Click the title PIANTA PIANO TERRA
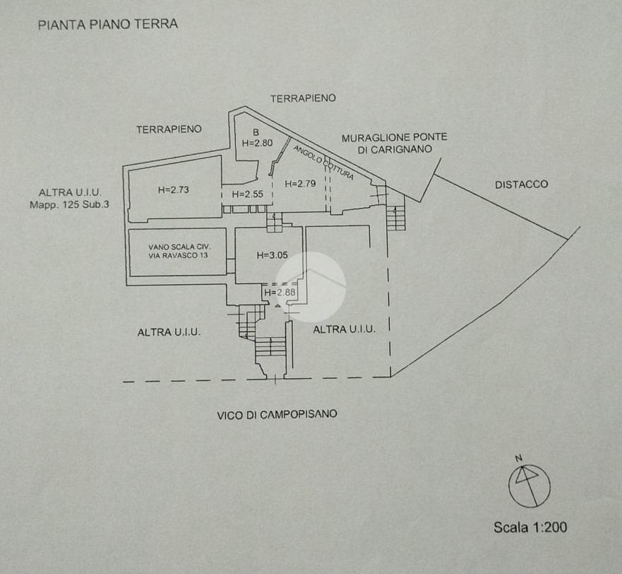tap(107, 24)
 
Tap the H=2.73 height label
tap(173, 189)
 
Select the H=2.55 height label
tap(248, 194)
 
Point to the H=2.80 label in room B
tap(257, 142)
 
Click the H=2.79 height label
tap(300, 184)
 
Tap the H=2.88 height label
tap(280, 292)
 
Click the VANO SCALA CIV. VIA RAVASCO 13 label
tap(178, 251)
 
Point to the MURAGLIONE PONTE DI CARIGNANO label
tap(394, 143)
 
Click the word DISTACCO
tap(521, 184)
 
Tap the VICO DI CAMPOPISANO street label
tap(277, 415)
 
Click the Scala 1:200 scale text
tap(530, 527)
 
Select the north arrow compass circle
tap(529, 485)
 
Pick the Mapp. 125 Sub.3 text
tap(70, 205)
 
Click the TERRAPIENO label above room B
tap(303, 98)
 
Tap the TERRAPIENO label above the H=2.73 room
tap(169, 129)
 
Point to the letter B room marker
tap(256, 132)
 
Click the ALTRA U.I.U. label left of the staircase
tap(169, 332)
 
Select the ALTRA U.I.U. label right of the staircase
tap(344, 329)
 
